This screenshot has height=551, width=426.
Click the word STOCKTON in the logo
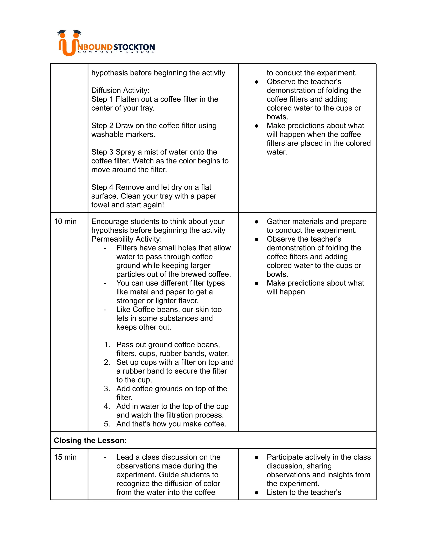pos(134,47)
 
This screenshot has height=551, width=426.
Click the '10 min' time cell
pos(65,221)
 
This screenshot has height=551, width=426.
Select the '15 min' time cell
pos(65,457)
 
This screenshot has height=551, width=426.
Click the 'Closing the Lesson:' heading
pos(90,441)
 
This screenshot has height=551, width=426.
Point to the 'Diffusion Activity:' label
pos(120,90)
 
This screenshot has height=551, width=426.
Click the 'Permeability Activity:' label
pos(126,239)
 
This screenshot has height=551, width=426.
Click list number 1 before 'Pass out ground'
pos(107,345)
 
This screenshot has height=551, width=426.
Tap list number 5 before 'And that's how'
pos(107,424)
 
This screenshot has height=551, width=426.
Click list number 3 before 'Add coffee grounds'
pos(107,389)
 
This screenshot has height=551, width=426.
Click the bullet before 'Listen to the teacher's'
pos(256,492)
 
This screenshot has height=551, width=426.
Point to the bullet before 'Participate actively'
pos(256,457)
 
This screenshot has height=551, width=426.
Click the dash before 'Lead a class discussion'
pos(105,457)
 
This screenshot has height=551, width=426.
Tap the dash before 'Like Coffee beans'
pos(105,310)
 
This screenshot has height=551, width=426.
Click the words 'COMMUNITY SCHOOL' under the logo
pos(116,52)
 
